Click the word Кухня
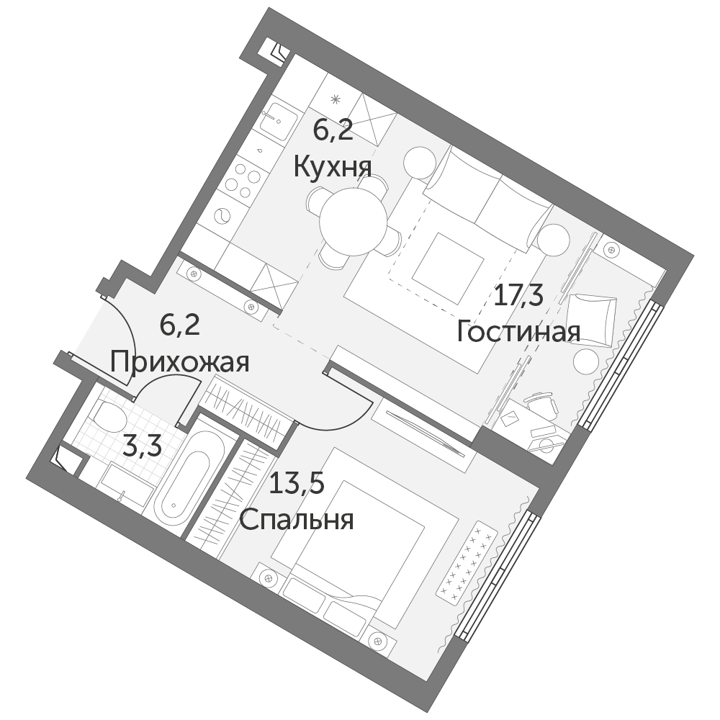[333, 167]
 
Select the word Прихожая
[179, 362]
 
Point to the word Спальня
[297, 521]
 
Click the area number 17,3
[518, 296]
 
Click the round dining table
[353, 223]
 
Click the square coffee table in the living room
[448, 268]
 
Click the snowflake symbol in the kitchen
[336, 98]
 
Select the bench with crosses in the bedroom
[467, 561]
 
